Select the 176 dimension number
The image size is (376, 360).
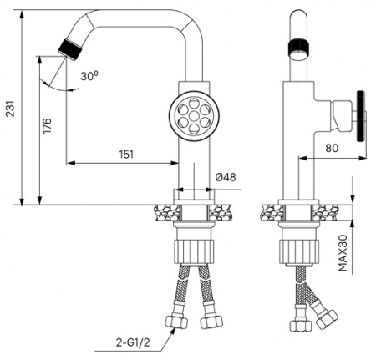47,127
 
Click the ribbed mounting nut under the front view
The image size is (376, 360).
194,249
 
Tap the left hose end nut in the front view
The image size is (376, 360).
176,321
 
